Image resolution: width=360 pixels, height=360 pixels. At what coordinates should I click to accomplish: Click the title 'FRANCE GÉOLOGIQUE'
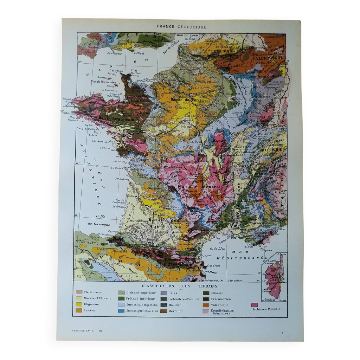tap(181, 26)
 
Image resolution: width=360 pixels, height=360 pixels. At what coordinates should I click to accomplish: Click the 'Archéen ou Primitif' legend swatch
tap(255, 304)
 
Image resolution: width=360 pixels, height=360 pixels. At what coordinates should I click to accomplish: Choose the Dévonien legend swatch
tap(163, 311)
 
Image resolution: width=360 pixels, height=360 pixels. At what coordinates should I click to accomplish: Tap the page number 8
tap(282, 332)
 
